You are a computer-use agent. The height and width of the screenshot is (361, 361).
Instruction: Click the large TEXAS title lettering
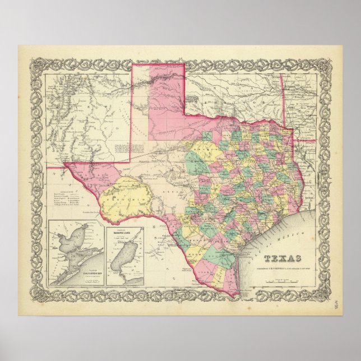[x=282, y=258]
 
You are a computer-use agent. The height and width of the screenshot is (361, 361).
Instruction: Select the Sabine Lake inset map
[x=125, y=253]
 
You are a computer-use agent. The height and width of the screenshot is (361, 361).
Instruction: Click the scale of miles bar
[x=282, y=276]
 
